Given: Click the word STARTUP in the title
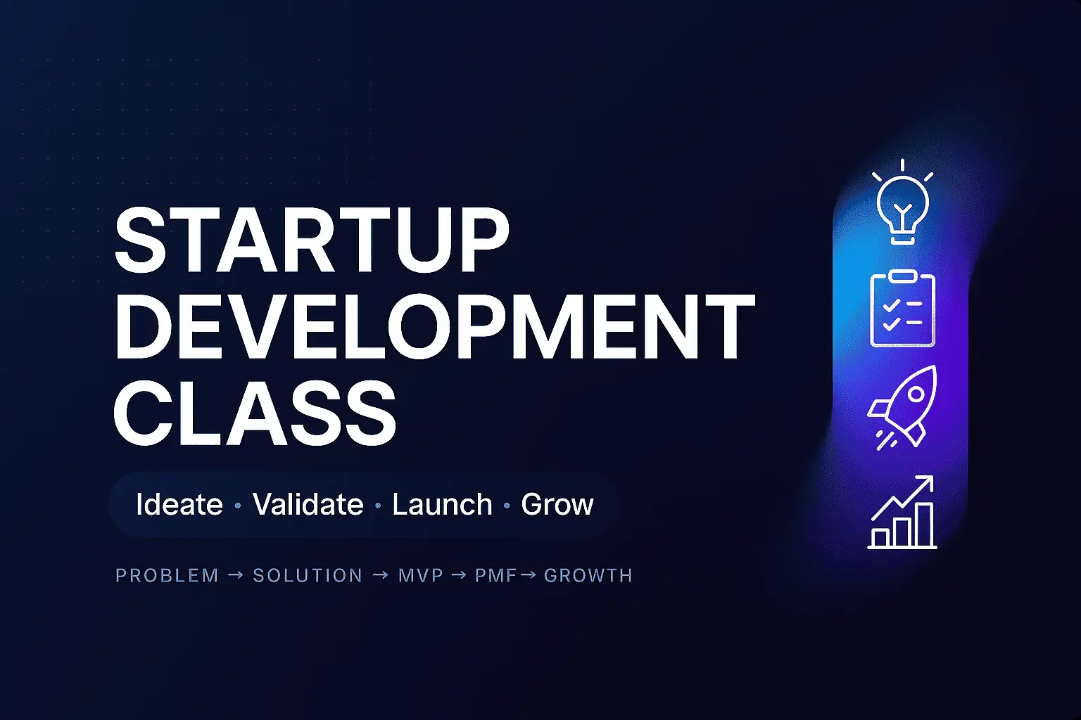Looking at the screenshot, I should point(312,240).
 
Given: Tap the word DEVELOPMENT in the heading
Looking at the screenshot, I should point(434,328).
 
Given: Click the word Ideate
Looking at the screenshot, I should point(179,505).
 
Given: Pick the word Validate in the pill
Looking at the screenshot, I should point(308,505).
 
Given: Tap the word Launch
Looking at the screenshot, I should point(442,505).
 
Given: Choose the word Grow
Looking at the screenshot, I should point(557,505).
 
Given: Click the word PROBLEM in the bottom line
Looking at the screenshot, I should point(167,576).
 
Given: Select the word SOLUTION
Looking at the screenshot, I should point(308,576).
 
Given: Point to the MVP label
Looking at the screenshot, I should point(421,576).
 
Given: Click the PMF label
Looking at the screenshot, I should point(496,576).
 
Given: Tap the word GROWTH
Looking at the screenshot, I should point(588,576).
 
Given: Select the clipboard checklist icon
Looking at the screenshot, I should point(902,309).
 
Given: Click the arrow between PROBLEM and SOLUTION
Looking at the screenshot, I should point(236,575).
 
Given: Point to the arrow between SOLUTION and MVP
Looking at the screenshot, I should point(380,575).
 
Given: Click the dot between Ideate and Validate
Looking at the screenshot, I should point(237,506).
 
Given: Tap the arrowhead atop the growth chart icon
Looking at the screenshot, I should point(926,482).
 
